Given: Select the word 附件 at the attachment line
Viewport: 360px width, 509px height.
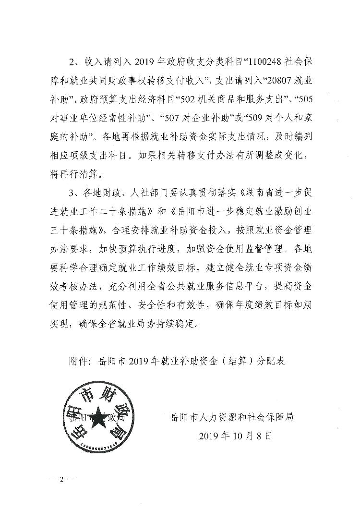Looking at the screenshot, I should pyautogui.click(x=79, y=361).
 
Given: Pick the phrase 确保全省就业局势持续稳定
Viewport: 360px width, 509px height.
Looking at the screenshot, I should pyautogui.click(x=144, y=324).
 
